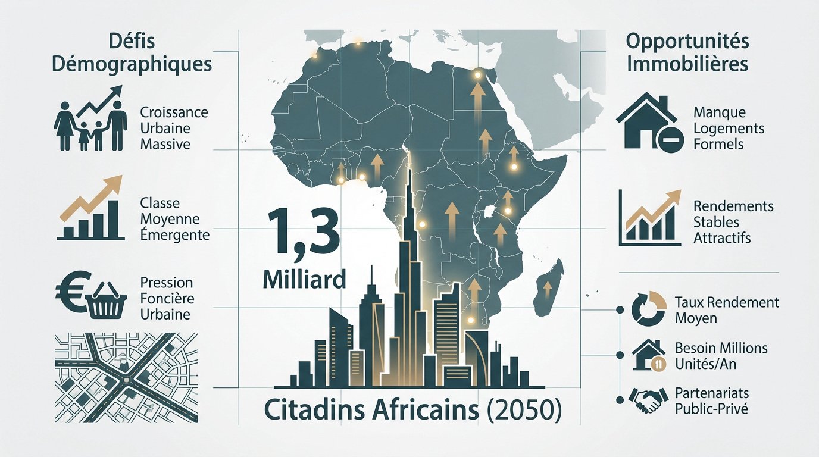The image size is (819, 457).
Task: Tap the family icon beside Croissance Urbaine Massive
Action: (92, 126)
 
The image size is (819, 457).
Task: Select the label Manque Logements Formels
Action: (729, 128)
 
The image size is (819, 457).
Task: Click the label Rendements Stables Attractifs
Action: (733, 222)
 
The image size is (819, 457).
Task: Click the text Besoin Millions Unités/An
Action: (721, 355)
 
